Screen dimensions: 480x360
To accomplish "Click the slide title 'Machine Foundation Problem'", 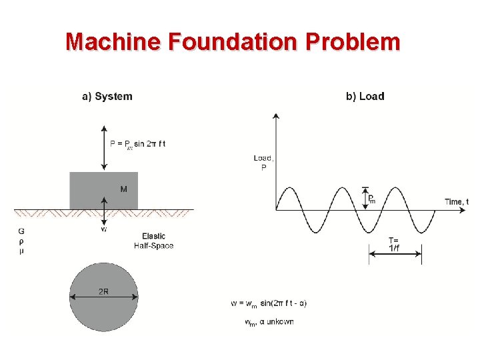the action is tap(233, 42).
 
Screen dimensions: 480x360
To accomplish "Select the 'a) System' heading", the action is tap(107, 96).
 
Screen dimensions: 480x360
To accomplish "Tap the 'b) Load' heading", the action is tap(365, 96).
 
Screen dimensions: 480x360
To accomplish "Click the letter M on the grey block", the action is tap(124, 189).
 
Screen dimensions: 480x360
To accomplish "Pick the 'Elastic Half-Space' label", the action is tap(154, 241).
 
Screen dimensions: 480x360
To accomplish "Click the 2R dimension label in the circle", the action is tap(104, 291).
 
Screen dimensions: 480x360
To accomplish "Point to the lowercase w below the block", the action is tap(103, 229).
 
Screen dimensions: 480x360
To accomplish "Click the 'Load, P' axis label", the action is tap(263, 163).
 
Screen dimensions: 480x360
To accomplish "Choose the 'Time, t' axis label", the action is tap(456, 201).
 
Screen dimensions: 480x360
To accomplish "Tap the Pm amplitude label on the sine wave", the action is tap(371, 198).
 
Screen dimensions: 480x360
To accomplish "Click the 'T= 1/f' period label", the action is tap(395, 244).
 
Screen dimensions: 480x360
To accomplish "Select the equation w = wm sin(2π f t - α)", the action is tap(269, 303).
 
